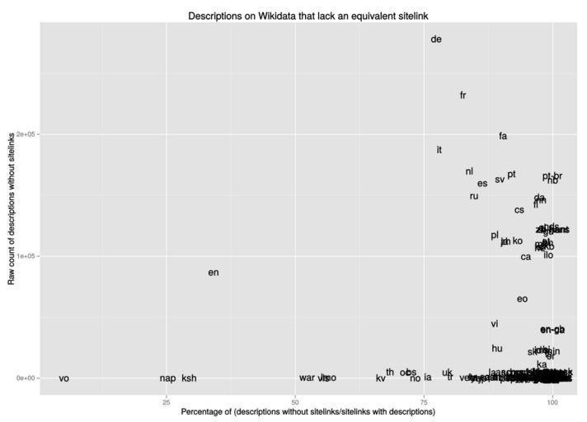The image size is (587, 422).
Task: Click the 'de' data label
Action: coord(436,40)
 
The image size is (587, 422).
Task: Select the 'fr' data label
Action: coord(463,96)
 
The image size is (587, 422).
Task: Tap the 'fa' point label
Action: coord(503,137)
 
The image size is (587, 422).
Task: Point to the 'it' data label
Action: coord(439,150)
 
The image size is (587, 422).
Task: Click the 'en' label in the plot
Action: coord(214,273)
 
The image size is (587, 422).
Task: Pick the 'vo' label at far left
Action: coord(64,379)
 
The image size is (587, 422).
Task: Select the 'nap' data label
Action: coord(167,379)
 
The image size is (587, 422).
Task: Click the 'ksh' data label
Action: coord(190,379)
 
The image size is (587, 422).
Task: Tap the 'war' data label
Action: coord(307,378)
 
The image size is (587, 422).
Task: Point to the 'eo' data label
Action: coord(522,299)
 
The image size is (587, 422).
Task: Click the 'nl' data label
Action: coord(469,172)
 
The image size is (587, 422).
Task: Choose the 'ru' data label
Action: coord(474,197)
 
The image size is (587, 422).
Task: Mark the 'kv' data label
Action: coord(381,379)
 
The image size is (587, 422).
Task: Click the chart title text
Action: coord(308,16)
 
